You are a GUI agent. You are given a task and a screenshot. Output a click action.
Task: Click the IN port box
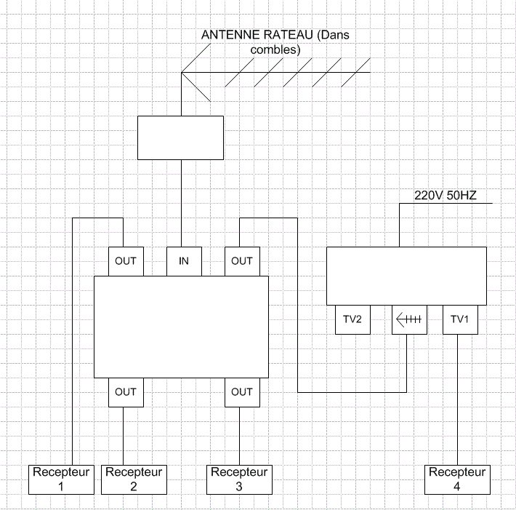click(x=184, y=261)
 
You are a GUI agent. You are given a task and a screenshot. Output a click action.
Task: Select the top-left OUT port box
click(x=126, y=261)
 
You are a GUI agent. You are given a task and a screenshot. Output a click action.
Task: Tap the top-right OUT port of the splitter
click(x=242, y=261)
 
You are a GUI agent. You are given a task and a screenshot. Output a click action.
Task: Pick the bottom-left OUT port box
click(x=126, y=392)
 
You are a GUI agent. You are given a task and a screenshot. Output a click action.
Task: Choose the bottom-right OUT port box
click(x=242, y=392)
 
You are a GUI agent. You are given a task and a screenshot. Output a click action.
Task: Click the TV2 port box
click(x=352, y=319)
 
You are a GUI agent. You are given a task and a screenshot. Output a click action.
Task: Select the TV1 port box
click(x=460, y=319)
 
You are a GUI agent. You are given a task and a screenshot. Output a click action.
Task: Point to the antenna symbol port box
click(x=409, y=319)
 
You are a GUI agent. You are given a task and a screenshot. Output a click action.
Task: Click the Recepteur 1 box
click(x=61, y=479)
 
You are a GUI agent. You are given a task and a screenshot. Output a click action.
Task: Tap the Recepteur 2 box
click(x=134, y=479)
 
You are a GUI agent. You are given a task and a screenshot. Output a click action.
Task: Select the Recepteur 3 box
click(x=239, y=479)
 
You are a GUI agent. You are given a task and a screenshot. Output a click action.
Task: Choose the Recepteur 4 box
click(x=457, y=479)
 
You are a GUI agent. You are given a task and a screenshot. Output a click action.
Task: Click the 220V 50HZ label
click(x=446, y=196)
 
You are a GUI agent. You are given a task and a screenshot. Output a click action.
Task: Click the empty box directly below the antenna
click(x=180, y=138)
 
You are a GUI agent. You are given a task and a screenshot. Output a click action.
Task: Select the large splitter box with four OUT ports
click(x=181, y=327)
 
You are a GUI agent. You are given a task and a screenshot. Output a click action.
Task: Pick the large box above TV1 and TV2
click(x=406, y=276)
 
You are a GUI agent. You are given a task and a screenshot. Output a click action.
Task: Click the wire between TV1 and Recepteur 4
click(x=457, y=399)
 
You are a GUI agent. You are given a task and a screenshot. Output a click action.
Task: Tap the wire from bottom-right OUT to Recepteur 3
click(x=239, y=436)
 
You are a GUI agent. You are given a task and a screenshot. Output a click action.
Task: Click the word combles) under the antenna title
click(x=275, y=49)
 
